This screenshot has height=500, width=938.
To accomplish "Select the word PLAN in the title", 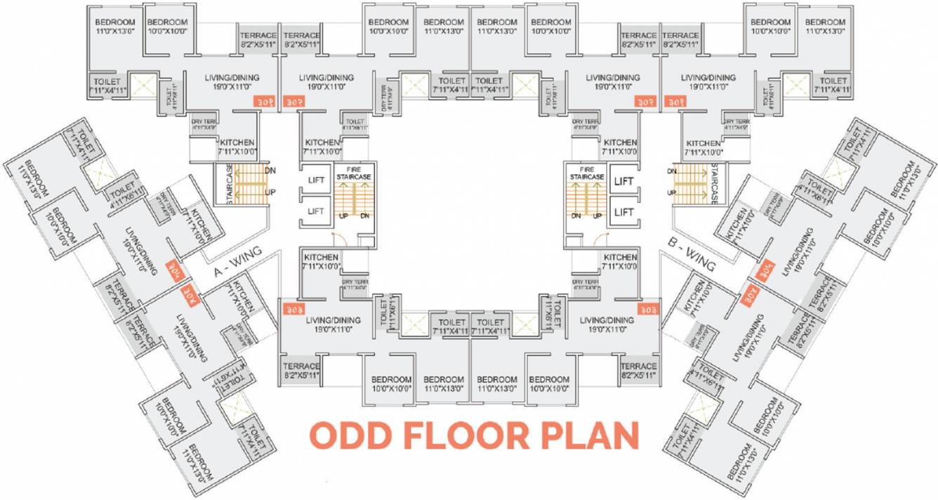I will coord(590,435).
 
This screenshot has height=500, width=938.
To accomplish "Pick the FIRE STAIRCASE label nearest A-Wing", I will coord(353,173).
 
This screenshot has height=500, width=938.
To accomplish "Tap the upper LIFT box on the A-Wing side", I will coord(316,180).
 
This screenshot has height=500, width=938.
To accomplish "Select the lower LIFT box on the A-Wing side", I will coord(316,211).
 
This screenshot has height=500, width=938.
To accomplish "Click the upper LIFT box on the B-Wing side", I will coord(623,181).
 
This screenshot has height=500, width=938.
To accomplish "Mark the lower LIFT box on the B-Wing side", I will coord(623,211).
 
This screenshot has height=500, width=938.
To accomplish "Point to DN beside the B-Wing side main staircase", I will coord(672,171).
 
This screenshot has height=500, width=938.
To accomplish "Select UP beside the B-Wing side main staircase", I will coord(672,192).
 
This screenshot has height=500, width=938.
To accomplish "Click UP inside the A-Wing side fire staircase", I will coord(344,216).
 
